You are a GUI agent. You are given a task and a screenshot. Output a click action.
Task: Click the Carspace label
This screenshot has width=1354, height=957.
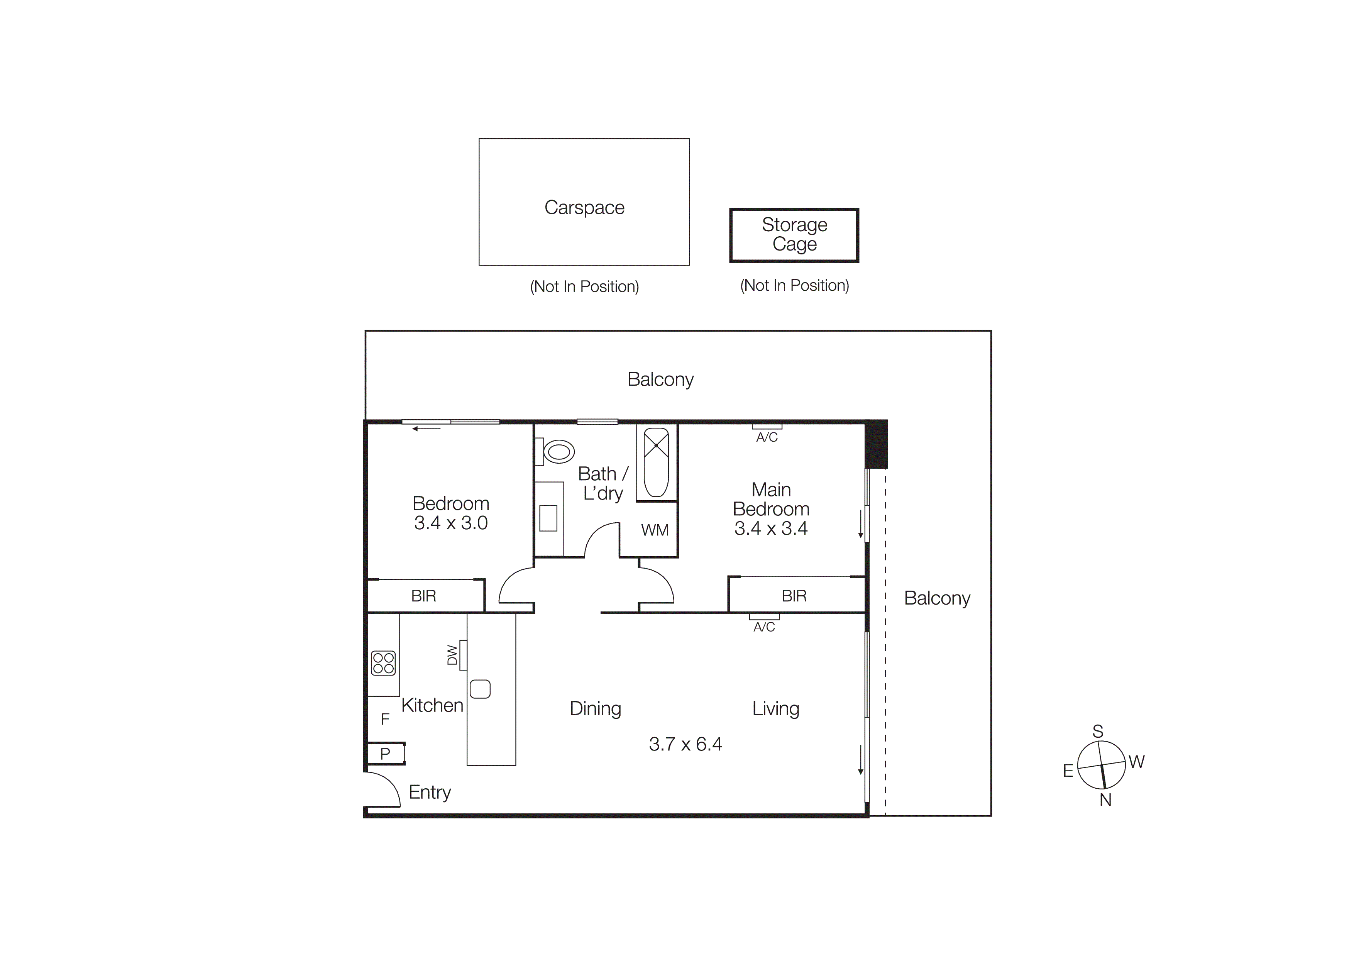point(584,208)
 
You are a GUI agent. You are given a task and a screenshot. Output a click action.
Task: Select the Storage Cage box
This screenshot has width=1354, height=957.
point(794,235)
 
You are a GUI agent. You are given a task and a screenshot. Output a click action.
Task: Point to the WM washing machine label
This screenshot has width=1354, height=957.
point(655,530)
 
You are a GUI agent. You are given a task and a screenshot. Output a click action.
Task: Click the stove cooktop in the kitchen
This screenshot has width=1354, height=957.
point(383,663)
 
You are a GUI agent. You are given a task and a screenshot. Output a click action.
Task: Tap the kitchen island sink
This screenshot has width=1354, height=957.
point(480,689)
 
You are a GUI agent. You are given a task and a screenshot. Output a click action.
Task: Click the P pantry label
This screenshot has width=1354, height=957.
point(385,754)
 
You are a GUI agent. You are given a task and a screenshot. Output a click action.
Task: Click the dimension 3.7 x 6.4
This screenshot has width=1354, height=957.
point(685,744)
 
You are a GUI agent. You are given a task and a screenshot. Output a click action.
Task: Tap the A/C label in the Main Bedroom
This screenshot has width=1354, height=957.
point(767,437)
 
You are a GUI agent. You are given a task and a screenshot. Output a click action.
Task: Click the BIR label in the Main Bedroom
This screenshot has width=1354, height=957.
point(794,596)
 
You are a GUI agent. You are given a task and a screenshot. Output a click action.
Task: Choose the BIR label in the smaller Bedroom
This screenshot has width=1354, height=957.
point(423,596)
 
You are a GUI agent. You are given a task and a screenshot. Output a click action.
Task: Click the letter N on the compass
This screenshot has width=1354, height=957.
point(1105,800)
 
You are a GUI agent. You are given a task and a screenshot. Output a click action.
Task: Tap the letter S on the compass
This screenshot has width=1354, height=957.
point(1097,731)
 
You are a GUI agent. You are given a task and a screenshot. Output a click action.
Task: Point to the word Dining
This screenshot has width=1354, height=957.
point(595,708)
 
